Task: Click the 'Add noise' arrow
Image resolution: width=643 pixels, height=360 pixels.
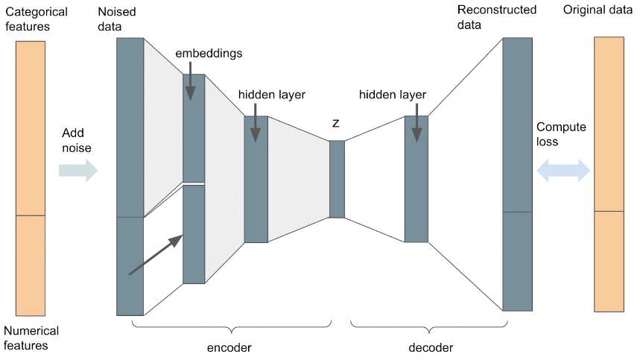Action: [78, 170]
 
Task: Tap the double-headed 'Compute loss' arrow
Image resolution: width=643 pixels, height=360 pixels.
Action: [563, 170]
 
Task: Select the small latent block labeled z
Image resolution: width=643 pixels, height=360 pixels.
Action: [337, 179]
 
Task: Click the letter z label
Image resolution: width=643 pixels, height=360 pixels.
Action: [336, 123]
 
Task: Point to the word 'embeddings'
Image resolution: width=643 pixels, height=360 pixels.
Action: [209, 54]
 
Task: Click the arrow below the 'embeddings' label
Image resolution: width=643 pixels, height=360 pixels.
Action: [190, 81]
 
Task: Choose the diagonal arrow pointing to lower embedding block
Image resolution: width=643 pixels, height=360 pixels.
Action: [156, 255]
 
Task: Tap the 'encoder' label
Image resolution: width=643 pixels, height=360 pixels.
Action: [229, 347]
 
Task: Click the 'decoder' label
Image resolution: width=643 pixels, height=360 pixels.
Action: [431, 347]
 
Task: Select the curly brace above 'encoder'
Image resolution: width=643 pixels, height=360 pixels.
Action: [232, 327]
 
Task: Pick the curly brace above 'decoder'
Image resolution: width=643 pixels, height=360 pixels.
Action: [429, 327]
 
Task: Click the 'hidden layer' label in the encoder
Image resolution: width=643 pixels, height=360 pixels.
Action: [272, 95]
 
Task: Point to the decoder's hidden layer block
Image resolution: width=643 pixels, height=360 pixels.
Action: [416, 179]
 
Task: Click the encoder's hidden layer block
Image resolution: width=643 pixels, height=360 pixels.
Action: [256, 179]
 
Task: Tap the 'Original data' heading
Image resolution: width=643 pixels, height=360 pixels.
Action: [598, 10]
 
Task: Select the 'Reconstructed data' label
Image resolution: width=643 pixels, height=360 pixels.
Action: [497, 17]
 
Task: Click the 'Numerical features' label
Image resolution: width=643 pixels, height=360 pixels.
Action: [31, 338]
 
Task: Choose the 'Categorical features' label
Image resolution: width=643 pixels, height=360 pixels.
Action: [36, 19]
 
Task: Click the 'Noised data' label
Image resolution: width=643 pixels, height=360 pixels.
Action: [116, 19]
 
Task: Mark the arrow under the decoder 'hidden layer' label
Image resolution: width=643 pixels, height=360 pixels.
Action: [416, 122]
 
